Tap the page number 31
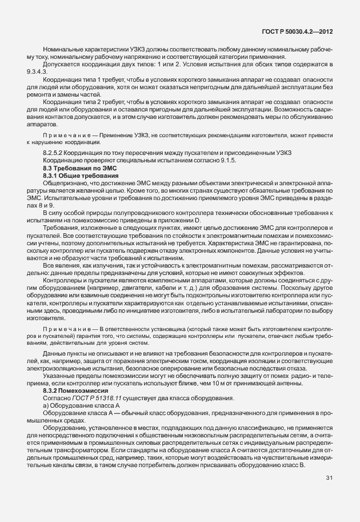[330, 477]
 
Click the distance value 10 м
[219, 383]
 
